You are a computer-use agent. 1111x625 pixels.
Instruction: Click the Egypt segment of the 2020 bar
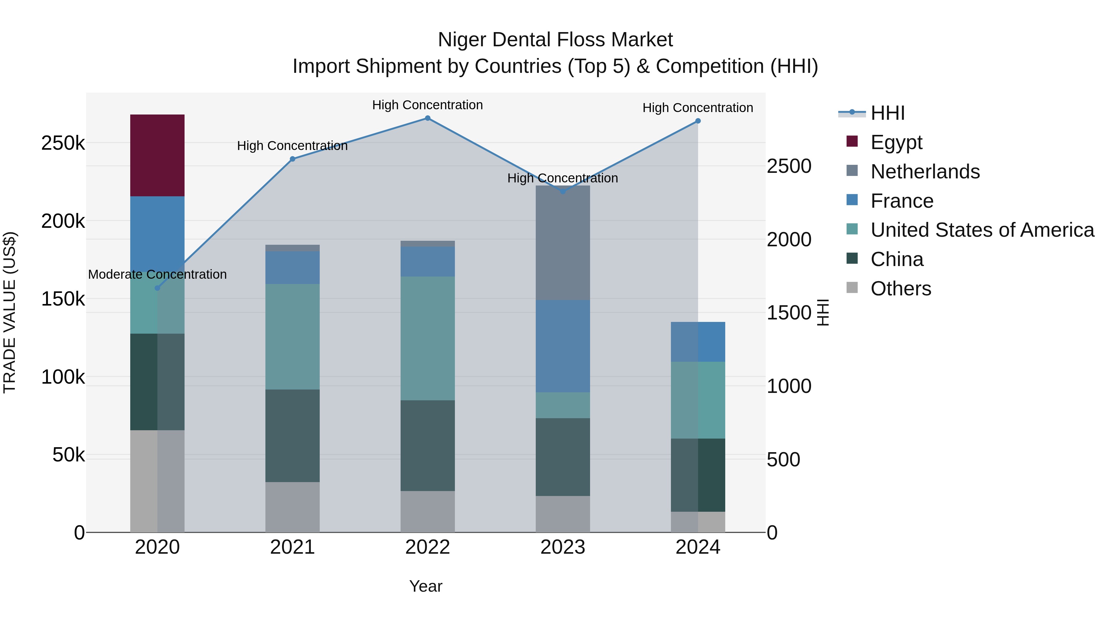[x=157, y=155]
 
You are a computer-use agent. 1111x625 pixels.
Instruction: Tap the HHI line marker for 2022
[x=427, y=118]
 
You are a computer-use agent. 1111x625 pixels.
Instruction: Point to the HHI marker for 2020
[x=157, y=288]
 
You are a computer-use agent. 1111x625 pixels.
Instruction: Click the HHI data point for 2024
[x=698, y=121]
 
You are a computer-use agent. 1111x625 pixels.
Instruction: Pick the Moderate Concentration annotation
[x=157, y=274]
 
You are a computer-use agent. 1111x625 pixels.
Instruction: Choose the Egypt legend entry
[x=896, y=142]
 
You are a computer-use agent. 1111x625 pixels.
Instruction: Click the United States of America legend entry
[x=982, y=230]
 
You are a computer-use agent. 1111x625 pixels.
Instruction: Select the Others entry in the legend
[x=901, y=289]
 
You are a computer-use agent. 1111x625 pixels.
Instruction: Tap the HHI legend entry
[x=888, y=113]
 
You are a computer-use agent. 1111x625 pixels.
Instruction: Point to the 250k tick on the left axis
[x=63, y=143]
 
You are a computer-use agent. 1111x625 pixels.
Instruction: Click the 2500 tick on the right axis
[x=789, y=166]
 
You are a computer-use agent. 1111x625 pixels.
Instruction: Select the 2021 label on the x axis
[x=293, y=547]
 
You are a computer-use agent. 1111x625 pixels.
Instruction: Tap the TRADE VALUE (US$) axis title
[x=10, y=312]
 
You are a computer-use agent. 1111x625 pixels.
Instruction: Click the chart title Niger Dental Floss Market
[x=555, y=40]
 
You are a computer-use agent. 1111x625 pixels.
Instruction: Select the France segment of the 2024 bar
[x=698, y=342]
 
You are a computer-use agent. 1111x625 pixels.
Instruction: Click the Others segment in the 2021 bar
[x=293, y=507]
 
